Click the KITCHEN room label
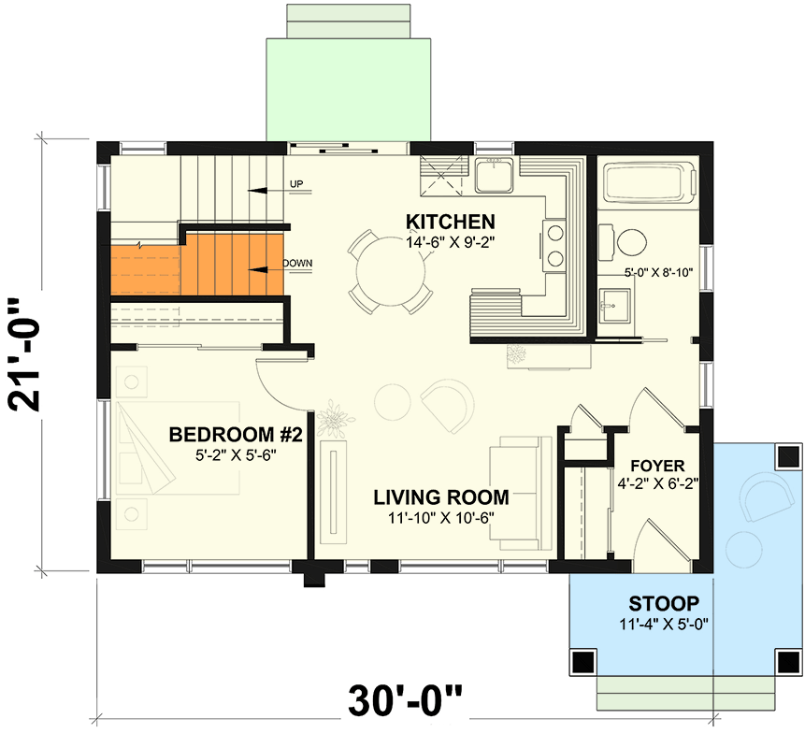pos(450,222)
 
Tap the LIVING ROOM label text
pos(441,497)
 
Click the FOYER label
pos(657,465)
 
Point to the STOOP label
pos(662,603)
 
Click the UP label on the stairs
pos(296,183)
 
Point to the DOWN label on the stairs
pos(296,264)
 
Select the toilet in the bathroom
pos(628,242)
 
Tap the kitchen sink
pos(491,174)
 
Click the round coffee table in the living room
pos(393,402)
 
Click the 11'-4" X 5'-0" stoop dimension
pos(662,624)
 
